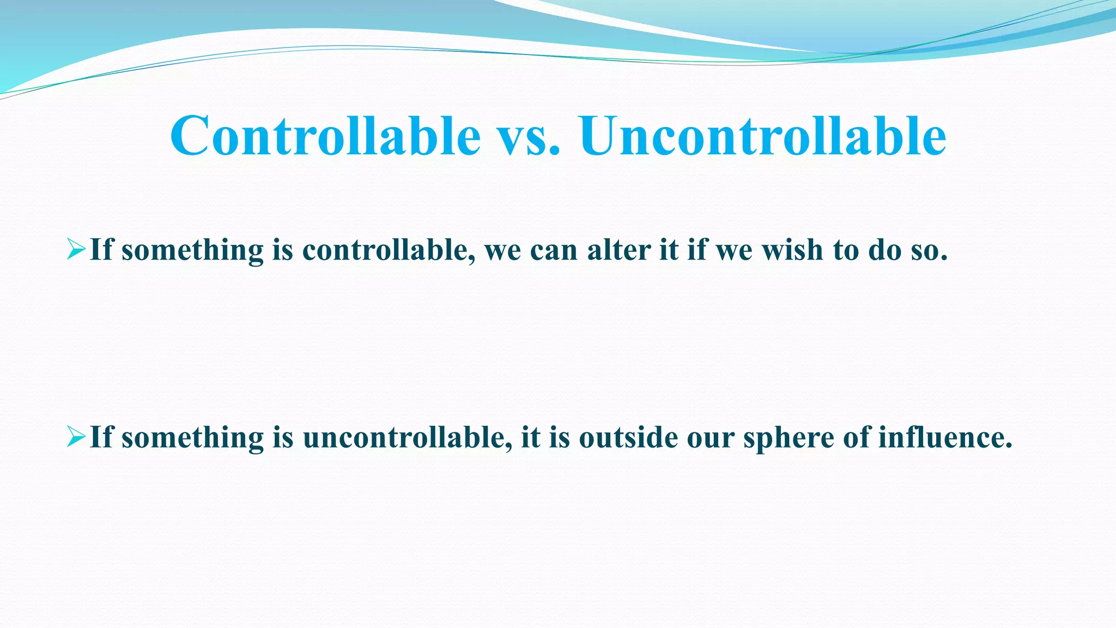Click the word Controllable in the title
325,136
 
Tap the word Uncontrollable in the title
763,136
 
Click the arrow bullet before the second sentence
76,437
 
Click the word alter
619,250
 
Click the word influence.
945,438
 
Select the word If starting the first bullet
101,250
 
